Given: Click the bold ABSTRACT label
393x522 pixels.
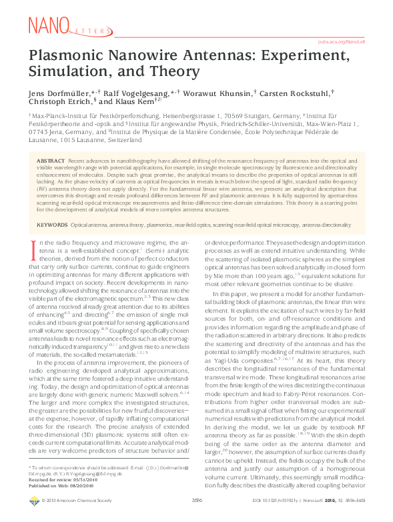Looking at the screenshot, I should coord(51,161).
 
